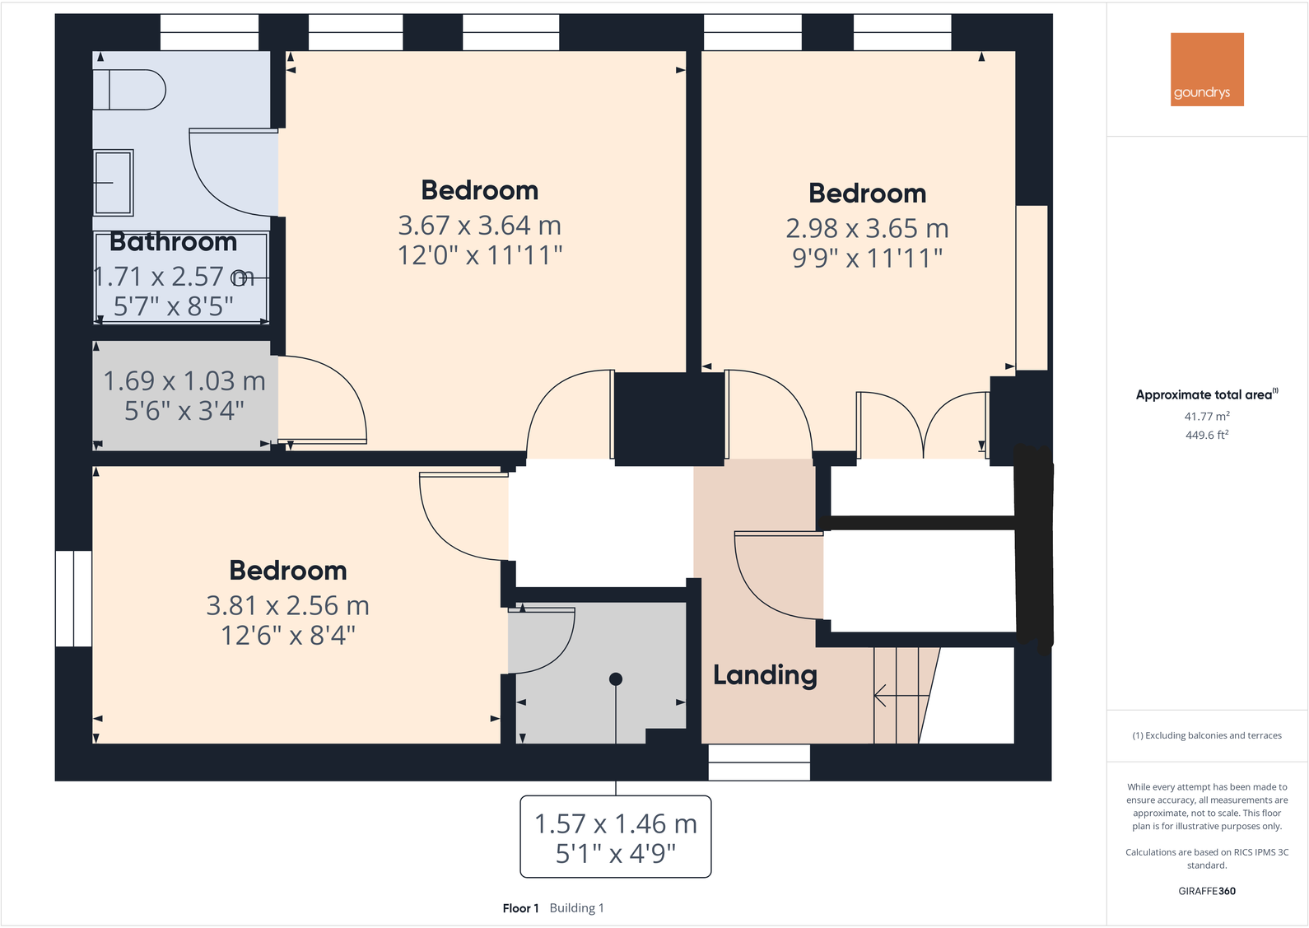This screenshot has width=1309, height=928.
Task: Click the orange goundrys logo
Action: (1207, 69)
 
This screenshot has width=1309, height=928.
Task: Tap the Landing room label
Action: (765, 675)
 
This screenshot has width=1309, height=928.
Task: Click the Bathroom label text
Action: (173, 241)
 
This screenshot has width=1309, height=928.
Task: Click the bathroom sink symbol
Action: (113, 182)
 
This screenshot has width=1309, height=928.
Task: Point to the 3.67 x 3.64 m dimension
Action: (479, 225)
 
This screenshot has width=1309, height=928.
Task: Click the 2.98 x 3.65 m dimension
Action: (867, 228)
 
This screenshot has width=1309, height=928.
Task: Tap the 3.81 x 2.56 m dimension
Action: (287, 606)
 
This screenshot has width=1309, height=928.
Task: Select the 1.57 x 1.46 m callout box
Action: (615, 837)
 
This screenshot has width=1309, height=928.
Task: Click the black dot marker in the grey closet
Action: (616, 679)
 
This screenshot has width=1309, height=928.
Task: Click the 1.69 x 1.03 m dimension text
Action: (184, 381)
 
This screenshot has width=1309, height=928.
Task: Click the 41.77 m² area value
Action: (1207, 417)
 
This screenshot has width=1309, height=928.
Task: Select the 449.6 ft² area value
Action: (1207, 435)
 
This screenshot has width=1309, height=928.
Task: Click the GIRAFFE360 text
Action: (1207, 891)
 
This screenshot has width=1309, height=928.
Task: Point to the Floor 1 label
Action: (520, 908)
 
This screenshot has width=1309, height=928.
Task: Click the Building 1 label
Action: (576, 908)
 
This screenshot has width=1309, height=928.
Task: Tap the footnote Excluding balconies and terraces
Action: (1207, 735)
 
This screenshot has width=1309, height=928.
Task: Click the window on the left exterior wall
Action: (73, 599)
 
